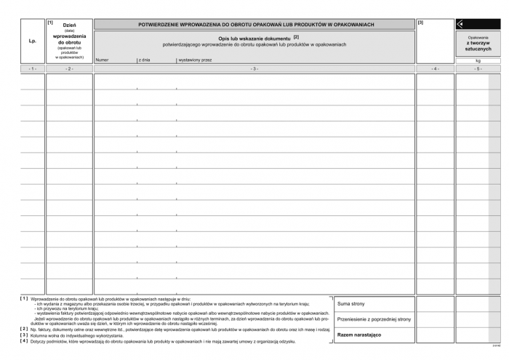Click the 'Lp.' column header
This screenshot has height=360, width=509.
(x=32, y=41)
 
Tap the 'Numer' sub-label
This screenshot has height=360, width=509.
(x=102, y=60)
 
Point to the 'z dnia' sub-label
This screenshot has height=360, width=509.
(x=144, y=60)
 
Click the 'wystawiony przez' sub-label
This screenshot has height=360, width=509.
(x=195, y=60)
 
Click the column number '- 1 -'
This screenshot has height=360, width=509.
(x=32, y=68)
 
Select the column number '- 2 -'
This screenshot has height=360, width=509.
(x=69, y=68)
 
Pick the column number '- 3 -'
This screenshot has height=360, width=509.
(x=254, y=68)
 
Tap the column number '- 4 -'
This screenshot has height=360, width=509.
(x=435, y=68)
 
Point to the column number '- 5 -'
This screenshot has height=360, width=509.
(x=478, y=68)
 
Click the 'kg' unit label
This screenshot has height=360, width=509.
(x=478, y=60)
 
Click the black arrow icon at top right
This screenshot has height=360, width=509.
(x=460, y=24)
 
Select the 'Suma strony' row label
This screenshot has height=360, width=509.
(x=351, y=303)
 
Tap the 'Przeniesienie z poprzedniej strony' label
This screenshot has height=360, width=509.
(x=374, y=319)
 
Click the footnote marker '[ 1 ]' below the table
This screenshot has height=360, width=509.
(x=24, y=299)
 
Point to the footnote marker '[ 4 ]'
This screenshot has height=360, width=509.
(x=24, y=340)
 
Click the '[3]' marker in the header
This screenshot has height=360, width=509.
(x=421, y=23)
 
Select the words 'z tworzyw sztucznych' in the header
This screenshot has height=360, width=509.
(x=478, y=46)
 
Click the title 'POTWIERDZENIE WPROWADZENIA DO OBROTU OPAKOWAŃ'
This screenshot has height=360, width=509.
(x=256, y=25)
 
